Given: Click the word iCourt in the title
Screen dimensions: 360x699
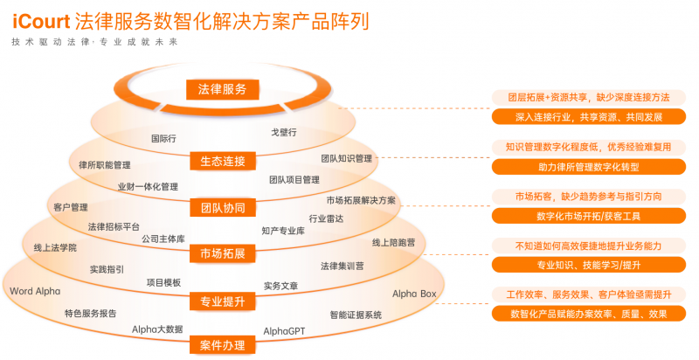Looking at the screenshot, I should pos(41,19).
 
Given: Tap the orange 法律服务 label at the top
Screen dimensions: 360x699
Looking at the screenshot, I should pos(222,89).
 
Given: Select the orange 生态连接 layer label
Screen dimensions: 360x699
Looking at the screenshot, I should pos(222,162).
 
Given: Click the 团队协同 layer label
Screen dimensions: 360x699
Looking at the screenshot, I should pos(222,208).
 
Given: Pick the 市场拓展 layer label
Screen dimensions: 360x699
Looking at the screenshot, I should pos(222,254).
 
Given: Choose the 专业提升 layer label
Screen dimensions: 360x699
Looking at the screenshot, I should pos(222,301).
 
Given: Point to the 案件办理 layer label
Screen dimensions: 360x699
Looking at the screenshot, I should pos(222,345).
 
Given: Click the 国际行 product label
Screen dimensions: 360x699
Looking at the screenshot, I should pos(163,138).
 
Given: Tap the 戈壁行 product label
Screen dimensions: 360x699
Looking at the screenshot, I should pos(284,132).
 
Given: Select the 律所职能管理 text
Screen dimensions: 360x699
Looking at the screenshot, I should pos(104,164).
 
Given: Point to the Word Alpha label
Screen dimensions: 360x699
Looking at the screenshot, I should pos(35,290).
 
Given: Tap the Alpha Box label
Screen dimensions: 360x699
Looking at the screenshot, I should pos(413,294).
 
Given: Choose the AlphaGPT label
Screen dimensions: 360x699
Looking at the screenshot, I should pos(284,331).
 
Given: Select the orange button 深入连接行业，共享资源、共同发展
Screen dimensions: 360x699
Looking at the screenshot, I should pos(589,116).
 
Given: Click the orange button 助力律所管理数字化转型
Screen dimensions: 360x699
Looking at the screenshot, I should pos(589,166).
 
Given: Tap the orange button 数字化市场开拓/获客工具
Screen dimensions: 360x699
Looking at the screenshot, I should pos(589,215).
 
